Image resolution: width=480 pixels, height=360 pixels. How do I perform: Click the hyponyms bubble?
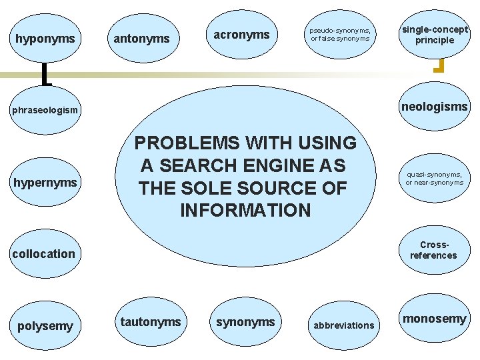[x=45, y=39]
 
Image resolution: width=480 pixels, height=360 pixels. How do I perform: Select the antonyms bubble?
[x=142, y=39]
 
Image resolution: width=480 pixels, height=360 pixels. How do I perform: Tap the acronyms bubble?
[x=241, y=35]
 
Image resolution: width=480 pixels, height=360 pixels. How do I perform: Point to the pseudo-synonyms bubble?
[x=340, y=34]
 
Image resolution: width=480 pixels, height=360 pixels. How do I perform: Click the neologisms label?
[x=435, y=107]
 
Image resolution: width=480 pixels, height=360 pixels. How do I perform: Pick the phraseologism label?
[x=45, y=109]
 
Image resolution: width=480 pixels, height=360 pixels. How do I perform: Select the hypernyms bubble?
[x=45, y=182]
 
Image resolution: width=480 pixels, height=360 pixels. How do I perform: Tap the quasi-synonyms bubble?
[x=435, y=178]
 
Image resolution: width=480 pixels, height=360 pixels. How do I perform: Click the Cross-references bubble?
[x=435, y=250]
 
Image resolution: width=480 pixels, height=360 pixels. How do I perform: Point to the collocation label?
[x=44, y=253]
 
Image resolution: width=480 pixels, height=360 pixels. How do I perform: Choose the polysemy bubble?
[x=45, y=325]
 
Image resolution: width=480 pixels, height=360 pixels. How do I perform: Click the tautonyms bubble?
[x=151, y=322]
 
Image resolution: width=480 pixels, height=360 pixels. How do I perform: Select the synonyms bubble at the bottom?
[x=245, y=322]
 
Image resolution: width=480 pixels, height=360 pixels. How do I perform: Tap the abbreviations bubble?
[x=344, y=325]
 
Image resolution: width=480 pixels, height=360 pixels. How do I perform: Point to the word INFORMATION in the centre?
[x=245, y=211]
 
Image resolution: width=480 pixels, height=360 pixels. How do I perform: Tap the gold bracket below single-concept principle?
[x=439, y=65]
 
